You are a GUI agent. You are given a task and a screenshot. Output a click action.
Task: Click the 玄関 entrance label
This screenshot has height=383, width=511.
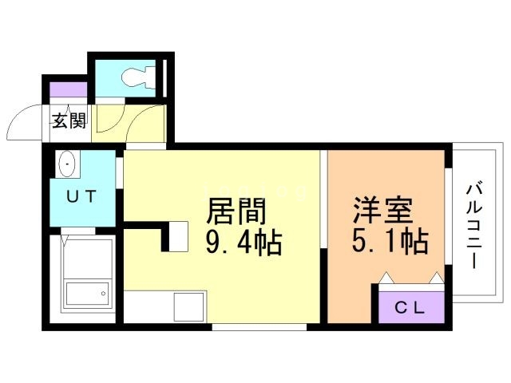pyautogui.click(x=69, y=122)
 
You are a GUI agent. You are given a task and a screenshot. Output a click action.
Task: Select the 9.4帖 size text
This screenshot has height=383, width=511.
pyautogui.click(x=244, y=243)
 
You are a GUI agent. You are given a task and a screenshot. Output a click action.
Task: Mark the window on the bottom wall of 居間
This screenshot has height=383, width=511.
pyautogui.click(x=259, y=327)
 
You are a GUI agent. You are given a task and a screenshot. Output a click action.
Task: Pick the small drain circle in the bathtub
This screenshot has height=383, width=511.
pyautogui.click(x=103, y=294)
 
